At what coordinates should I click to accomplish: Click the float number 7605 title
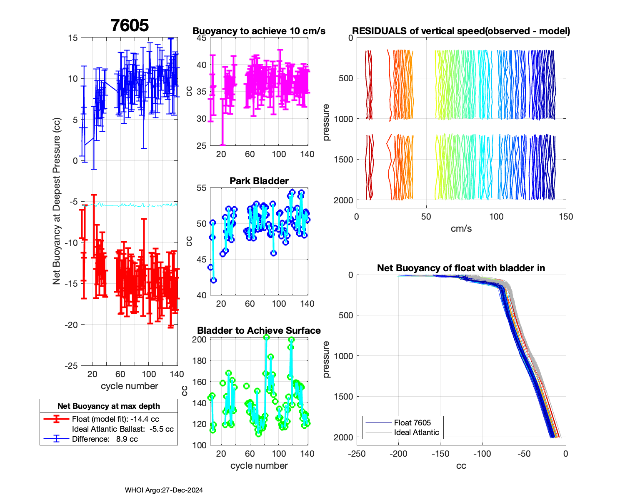[x=130, y=25]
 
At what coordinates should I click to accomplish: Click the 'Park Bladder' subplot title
[x=259, y=181]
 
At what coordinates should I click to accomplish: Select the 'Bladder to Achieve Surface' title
[x=259, y=330]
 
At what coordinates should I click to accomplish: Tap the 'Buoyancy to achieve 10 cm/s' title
[x=259, y=31]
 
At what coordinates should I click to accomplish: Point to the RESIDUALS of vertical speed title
[x=461, y=31]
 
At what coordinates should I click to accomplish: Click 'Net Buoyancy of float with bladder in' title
[x=461, y=268]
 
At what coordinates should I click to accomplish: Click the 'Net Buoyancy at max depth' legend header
[x=109, y=406]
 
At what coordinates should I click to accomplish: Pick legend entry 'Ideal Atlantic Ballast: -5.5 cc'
[x=122, y=429]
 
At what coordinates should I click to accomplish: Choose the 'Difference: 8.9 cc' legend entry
[x=105, y=439]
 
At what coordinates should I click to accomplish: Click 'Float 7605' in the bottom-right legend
[x=412, y=422]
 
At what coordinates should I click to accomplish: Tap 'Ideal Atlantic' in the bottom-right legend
[x=416, y=432]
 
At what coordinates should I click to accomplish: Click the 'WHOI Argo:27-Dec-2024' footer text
[x=164, y=490]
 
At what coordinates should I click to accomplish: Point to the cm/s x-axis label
[x=461, y=228]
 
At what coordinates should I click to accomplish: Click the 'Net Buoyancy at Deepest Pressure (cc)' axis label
[x=57, y=201]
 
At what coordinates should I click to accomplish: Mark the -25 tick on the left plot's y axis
[x=71, y=365]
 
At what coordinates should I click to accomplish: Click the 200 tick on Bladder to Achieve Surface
[x=199, y=340]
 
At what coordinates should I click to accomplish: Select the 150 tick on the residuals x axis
[x=565, y=217]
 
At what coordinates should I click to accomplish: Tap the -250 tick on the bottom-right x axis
[x=357, y=454]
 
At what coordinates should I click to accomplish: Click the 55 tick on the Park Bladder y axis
[x=201, y=188]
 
